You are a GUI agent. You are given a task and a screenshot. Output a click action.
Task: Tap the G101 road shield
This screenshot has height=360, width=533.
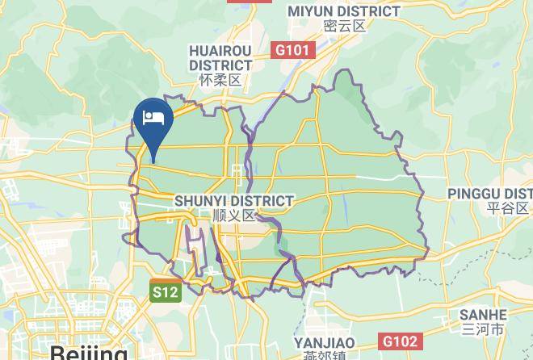(292, 50)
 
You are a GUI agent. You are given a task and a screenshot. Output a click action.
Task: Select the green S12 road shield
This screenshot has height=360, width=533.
(165, 292)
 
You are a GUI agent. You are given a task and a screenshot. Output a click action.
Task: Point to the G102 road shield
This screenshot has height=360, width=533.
(401, 341)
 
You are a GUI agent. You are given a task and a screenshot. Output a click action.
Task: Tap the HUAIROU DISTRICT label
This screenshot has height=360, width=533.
(220, 58)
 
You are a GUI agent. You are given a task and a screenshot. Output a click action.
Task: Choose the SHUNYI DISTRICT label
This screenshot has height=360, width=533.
(234, 201)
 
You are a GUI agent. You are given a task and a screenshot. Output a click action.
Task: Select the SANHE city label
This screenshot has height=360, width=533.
(483, 315)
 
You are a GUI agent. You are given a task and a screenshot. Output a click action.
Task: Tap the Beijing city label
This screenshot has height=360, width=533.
(89, 353)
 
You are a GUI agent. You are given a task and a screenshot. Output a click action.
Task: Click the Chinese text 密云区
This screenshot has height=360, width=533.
(344, 26)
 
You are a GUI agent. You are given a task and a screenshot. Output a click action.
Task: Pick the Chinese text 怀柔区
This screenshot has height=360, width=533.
(220, 80)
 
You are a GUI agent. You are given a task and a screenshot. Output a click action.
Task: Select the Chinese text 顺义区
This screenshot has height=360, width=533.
(234, 216)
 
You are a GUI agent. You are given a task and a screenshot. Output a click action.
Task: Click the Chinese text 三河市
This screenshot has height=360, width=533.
(483, 329)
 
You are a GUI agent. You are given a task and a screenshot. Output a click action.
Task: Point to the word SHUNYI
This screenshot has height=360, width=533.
(199, 201)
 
